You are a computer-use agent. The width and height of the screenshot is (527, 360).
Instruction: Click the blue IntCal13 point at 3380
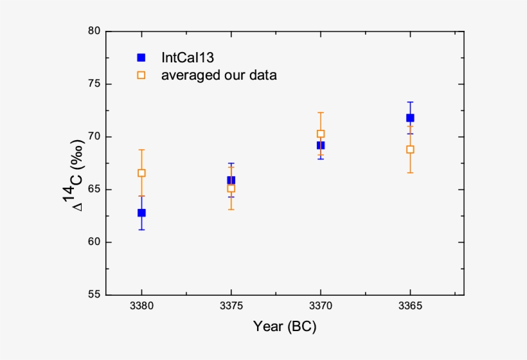click(x=141, y=213)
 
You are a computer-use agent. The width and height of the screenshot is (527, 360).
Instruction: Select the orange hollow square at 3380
click(x=141, y=173)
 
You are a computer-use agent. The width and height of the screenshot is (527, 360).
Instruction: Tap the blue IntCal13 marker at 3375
click(x=231, y=181)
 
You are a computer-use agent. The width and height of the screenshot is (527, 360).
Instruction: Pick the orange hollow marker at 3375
click(x=231, y=188)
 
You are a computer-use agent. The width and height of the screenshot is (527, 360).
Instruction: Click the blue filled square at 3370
click(x=321, y=145)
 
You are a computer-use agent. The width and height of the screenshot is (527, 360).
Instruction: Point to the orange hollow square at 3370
click(x=321, y=134)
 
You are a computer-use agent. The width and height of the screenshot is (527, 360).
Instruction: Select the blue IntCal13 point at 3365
click(x=410, y=118)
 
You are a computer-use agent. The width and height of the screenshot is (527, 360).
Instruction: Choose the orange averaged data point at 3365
click(x=410, y=149)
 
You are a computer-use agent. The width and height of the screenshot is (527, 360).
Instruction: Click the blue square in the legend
click(x=141, y=57)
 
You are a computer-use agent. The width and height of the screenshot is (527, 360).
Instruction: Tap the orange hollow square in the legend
click(x=141, y=75)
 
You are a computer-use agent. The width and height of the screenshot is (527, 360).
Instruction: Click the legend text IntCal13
click(x=187, y=57)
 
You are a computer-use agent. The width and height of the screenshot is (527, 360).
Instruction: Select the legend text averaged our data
click(x=219, y=75)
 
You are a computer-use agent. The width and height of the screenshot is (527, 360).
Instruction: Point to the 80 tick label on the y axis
click(x=94, y=31)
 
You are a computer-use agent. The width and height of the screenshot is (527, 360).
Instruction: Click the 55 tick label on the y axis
click(x=94, y=295)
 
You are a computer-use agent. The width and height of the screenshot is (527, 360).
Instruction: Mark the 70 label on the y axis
click(x=94, y=137)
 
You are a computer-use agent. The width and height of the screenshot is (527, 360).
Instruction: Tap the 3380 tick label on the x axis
click(x=141, y=307)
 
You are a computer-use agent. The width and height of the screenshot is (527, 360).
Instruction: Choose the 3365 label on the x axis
click(x=410, y=307)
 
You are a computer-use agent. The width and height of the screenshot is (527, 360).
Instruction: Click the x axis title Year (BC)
click(x=284, y=327)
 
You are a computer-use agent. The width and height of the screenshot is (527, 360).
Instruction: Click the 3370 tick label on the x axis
click(x=321, y=307)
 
